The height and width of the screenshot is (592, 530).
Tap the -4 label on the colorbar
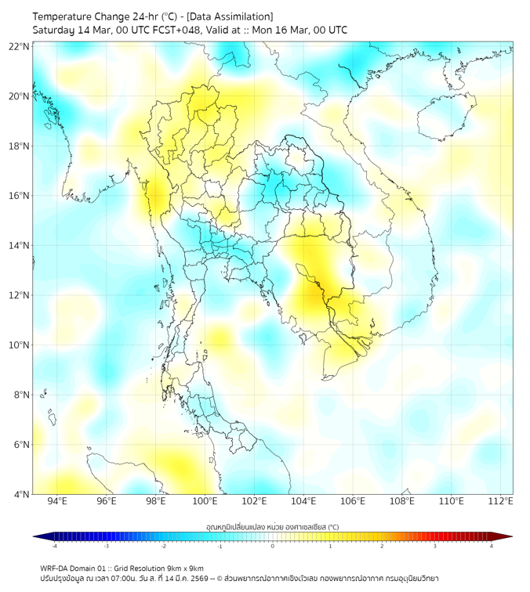click(x=53, y=546)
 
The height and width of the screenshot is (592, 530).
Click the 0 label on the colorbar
click(x=273, y=546)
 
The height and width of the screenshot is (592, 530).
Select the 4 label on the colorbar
click(x=492, y=546)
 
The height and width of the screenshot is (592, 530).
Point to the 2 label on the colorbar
click(x=382, y=546)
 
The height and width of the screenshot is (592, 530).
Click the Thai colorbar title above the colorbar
click(x=272, y=526)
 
